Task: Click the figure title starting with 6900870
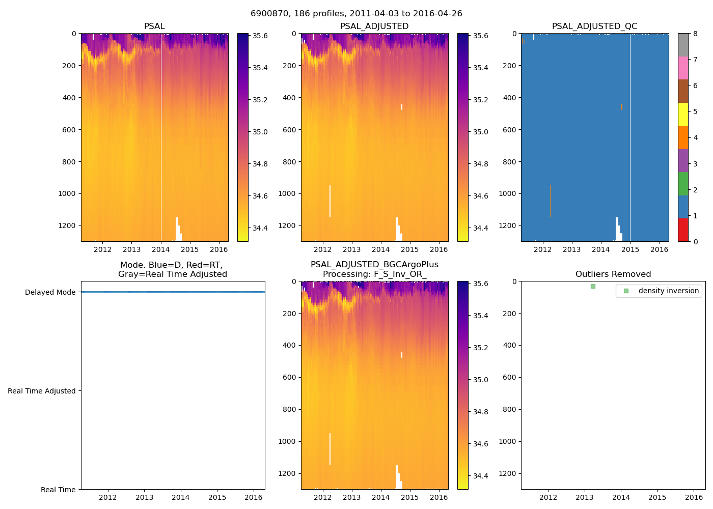(356, 14)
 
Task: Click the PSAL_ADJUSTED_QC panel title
(594, 26)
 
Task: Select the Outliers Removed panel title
(613, 274)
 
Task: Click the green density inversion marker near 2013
(593, 286)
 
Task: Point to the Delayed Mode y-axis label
(50, 292)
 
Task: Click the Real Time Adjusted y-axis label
(42, 391)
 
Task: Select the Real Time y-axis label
(58, 490)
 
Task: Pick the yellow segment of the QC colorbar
(683, 114)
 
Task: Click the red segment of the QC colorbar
(683, 230)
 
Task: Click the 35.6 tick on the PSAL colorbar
(260, 36)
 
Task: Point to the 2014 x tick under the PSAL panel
(161, 249)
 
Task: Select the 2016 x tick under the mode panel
(254, 497)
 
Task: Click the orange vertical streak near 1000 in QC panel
(550, 201)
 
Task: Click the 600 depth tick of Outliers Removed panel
(509, 377)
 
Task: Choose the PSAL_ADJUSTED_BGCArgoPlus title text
(374, 265)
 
